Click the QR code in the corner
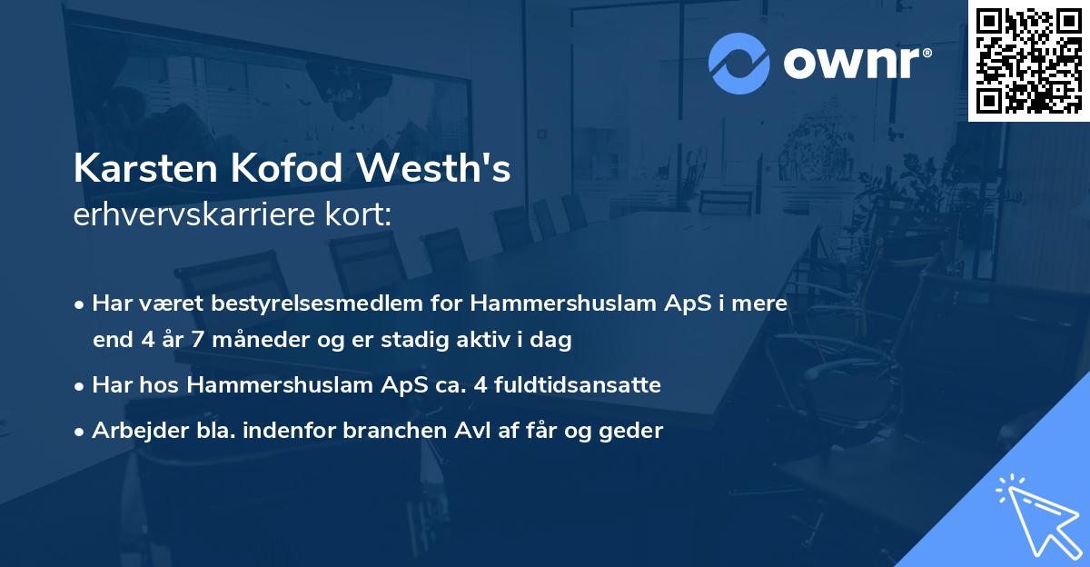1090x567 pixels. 1028,60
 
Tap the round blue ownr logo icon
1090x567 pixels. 738,64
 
